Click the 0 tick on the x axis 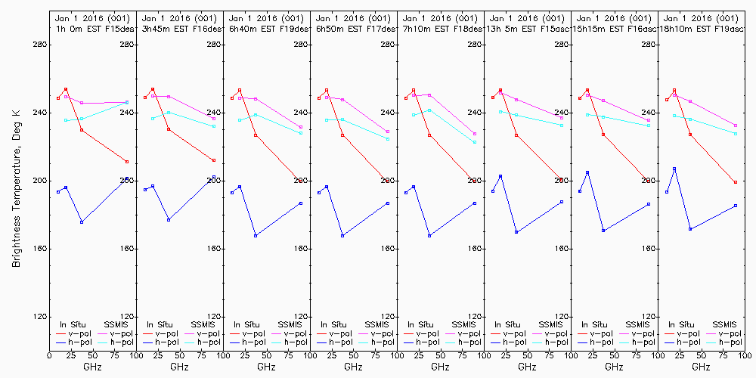(x=50, y=354)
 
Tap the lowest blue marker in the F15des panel (x=82, y=222)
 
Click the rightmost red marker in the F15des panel (x=127, y=162)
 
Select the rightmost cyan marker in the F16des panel (x=214, y=126)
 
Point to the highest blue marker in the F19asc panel (x=674, y=169)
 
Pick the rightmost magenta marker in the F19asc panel (x=736, y=125)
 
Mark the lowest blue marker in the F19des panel (x=256, y=236)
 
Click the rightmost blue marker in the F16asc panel (x=649, y=204)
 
